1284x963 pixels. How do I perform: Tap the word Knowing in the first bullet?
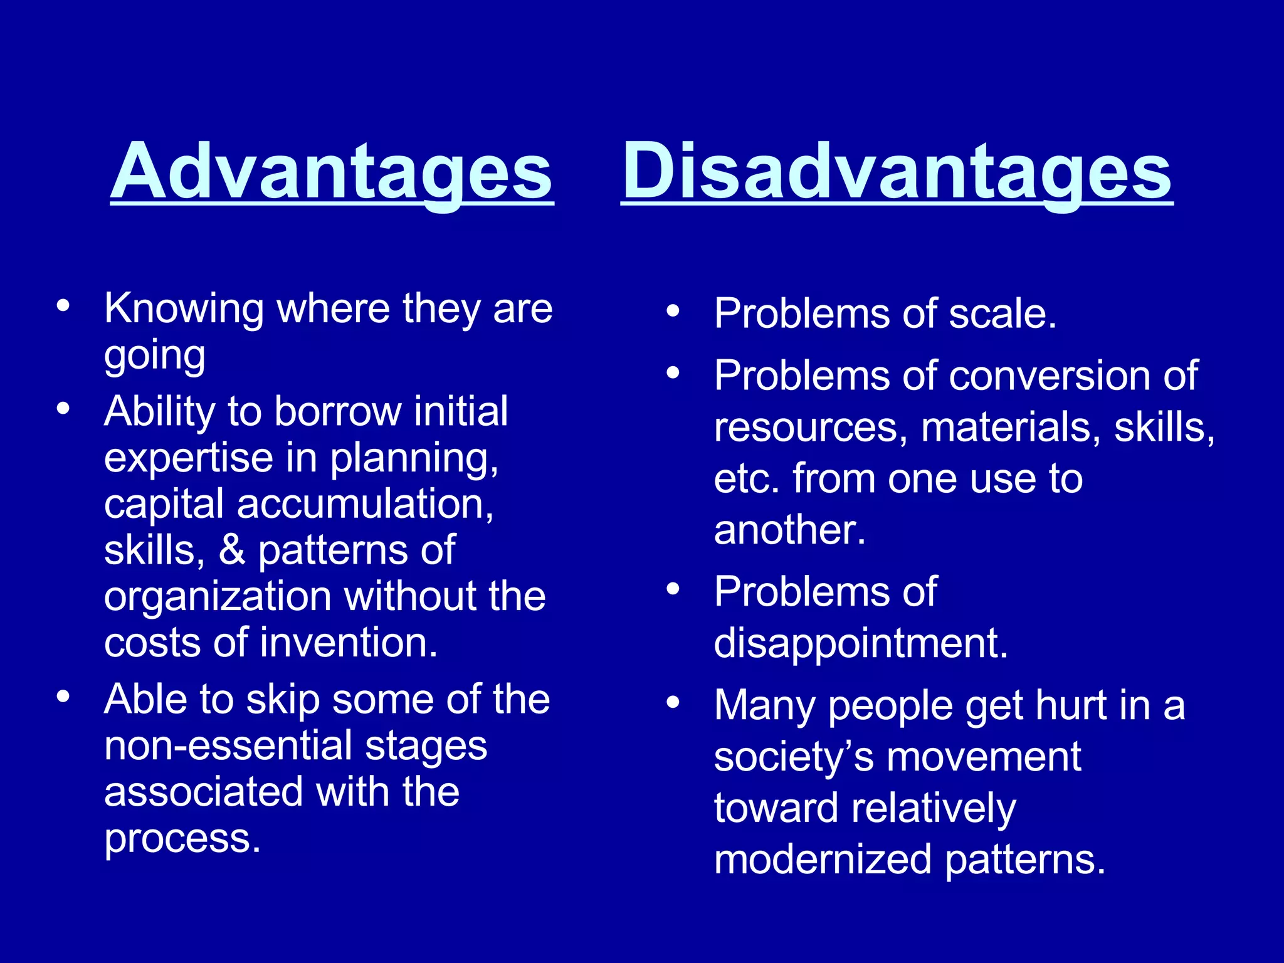coord(184,309)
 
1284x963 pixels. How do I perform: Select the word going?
coord(154,356)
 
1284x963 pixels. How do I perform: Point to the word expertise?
coord(188,459)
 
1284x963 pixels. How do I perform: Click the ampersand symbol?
coord(232,550)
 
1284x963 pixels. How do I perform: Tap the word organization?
coord(217,597)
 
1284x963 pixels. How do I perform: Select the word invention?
coord(349,643)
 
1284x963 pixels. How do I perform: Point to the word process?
coord(182,839)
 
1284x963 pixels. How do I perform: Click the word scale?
coord(1002,313)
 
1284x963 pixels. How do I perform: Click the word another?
coord(789,530)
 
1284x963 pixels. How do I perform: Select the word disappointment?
coord(860,644)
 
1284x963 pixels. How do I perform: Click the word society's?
coord(794,757)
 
